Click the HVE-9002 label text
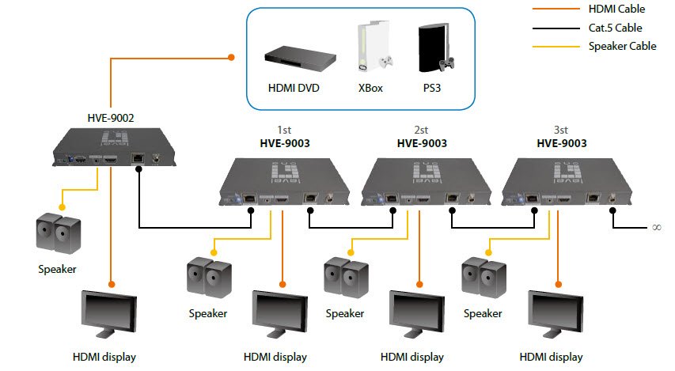tap(110, 119)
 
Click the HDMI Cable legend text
tap(616, 9)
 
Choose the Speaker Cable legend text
tap(622, 46)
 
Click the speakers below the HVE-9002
tap(57, 232)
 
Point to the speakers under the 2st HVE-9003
tap(345, 279)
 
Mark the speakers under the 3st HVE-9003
tap(483, 279)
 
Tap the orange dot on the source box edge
tap(231, 57)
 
